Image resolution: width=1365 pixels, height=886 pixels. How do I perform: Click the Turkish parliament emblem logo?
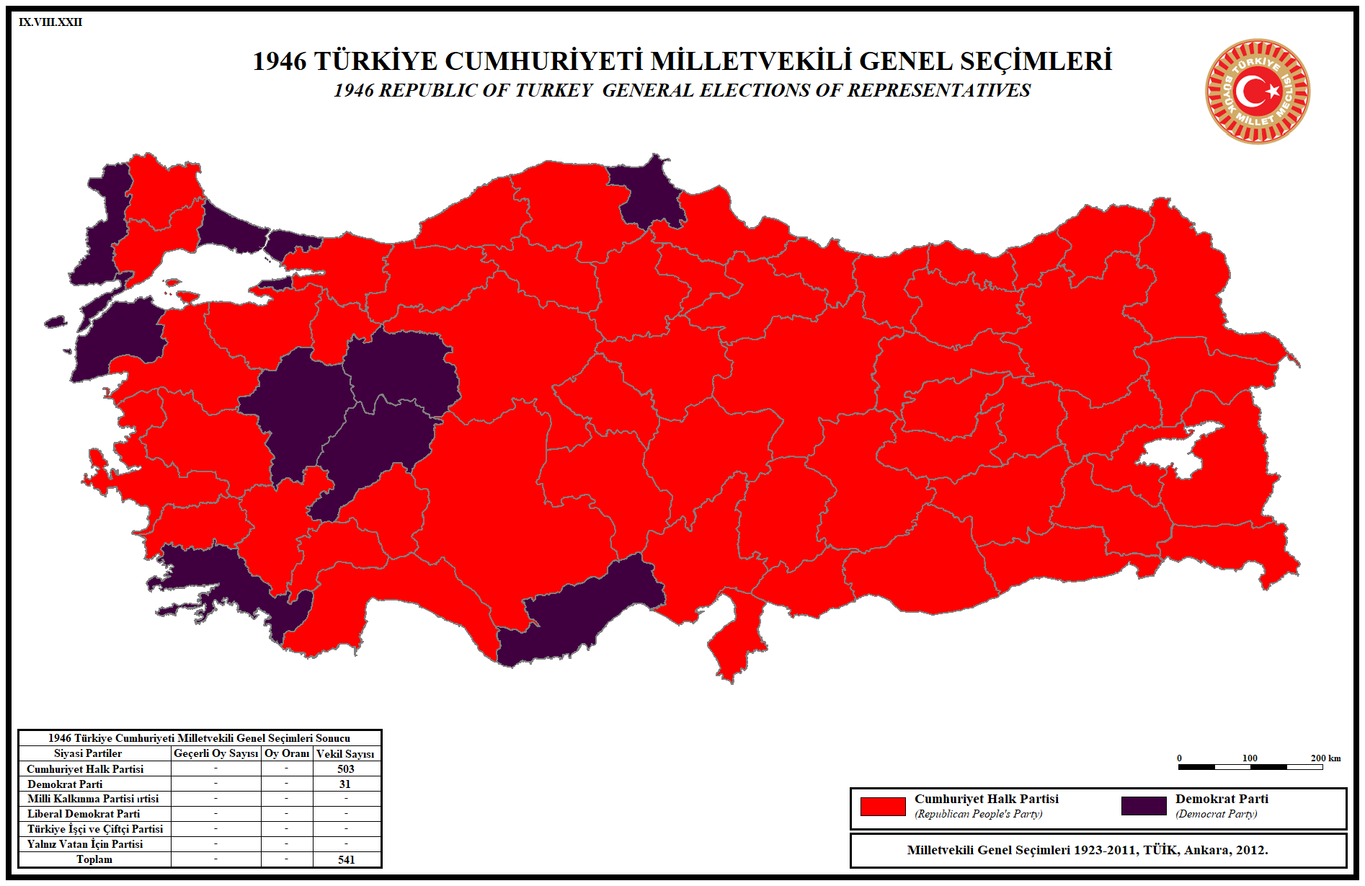[1258, 92]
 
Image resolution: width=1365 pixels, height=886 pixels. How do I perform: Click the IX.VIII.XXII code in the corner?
[50, 22]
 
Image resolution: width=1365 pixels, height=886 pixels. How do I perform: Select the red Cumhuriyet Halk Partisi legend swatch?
[883, 806]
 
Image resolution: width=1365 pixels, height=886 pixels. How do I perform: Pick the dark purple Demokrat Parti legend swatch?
[1144, 806]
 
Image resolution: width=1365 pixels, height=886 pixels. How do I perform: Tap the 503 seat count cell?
[346, 769]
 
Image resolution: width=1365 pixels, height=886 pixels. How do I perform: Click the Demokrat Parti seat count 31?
[345, 784]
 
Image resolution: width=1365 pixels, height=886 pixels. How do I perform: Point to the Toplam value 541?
[347, 859]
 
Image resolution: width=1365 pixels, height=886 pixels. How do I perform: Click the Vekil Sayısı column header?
[345, 753]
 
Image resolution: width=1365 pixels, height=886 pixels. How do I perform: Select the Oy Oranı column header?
[287, 753]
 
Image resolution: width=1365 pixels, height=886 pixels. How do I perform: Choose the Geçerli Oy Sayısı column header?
[215, 753]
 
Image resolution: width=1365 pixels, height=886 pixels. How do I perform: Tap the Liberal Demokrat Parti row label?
[84, 814]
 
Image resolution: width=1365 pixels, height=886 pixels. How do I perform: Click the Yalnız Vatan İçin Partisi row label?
[85, 844]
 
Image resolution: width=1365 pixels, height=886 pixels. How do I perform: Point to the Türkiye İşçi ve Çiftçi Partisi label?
[95, 829]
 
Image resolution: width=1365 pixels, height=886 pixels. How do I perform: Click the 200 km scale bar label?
[1325, 758]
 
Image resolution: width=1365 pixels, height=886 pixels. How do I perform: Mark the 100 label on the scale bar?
[1250, 758]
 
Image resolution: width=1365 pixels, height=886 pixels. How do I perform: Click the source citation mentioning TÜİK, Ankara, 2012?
[1088, 850]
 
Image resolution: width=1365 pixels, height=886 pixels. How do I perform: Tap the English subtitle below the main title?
[682, 90]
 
